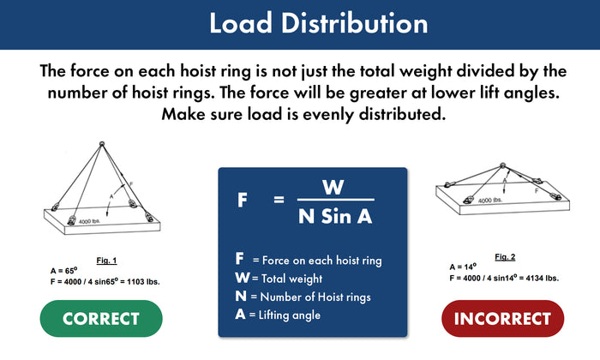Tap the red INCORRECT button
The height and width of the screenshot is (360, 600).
pyautogui.click(x=502, y=319)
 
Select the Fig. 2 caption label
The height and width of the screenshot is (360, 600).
pyautogui.click(x=507, y=256)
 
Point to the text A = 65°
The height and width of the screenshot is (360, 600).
pyautogui.click(x=65, y=270)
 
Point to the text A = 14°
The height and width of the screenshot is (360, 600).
pyautogui.click(x=464, y=267)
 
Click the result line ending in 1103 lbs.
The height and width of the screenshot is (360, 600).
pyautogui.click(x=105, y=280)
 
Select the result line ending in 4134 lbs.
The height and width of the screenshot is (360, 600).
pyautogui.click(x=503, y=277)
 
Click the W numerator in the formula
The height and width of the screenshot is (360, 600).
pyautogui.click(x=331, y=187)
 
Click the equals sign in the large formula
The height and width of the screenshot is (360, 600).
pyautogui.click(x=278, y=201)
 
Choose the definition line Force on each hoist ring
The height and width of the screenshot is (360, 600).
pyautogui.click(x=308, y=260)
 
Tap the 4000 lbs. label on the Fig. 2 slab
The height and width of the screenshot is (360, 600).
pyautogui.click(x=490, y=200)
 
